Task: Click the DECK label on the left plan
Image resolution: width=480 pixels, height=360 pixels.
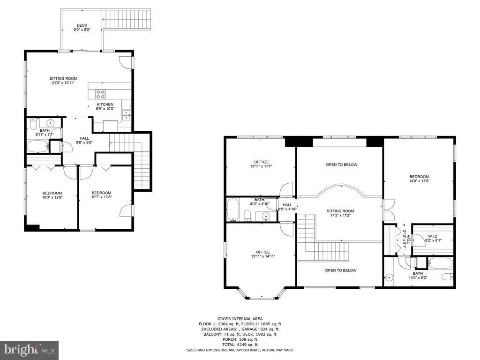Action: pyautogui.click(x=82, y=27)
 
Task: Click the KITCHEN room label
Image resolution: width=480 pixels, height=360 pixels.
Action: pyautogui.click(x=105, y=106)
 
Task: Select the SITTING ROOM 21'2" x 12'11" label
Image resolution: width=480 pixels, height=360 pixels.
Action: pyautogui.click(x=63, y=81)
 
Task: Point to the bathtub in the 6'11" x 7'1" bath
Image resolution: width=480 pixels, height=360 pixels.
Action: pyautogui.click(x=38, y=146)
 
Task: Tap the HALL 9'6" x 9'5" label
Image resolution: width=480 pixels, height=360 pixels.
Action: pyautogui.click(x=84, y=140)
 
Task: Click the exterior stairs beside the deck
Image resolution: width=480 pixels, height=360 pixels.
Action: pyautogui.click(x=127, y=19)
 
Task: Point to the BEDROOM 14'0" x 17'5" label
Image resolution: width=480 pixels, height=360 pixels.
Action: pyautogui.click(x=419, y=179)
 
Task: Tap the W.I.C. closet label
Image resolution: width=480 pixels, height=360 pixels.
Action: pyautogui.click(x=433, y=238)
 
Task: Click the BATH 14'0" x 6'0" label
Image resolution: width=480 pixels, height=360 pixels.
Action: pyautogui.click(x=417, y=276)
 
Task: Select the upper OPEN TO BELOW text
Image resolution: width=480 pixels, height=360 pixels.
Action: pyautogui.click(x=341, y=165)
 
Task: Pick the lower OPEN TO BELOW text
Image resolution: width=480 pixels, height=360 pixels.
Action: pyautogui.click(x=341, y=270)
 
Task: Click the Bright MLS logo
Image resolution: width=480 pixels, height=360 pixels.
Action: pyautogui.click(x=29, y=350)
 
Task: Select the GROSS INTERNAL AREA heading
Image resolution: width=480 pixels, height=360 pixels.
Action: pyautogui.click(x=240, y=319)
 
